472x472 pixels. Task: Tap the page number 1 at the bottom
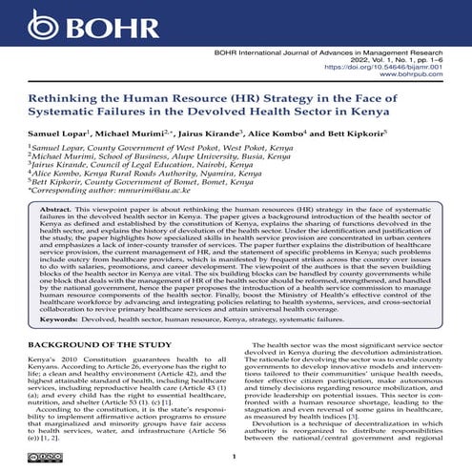(236, 458)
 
